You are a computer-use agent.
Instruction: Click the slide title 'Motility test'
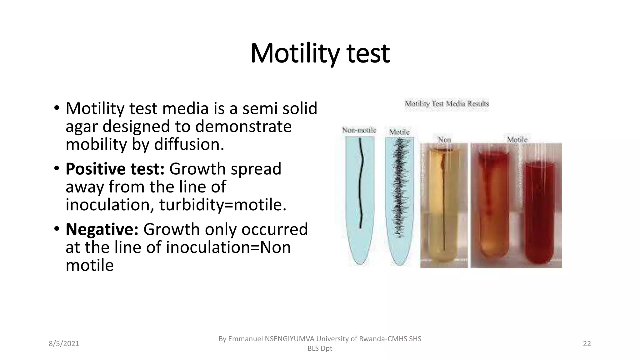(x=320, y=54)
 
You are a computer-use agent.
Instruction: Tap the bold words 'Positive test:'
(x=115, y=169)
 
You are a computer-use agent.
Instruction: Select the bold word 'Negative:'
(x=102, y=229)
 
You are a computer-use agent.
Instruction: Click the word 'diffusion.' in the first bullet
(x=189, y=145)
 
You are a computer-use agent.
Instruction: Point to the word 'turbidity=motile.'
(x=223, y=205)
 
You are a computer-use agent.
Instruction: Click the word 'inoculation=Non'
(x=228, y=247)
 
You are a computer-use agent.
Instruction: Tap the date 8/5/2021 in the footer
(x=64, y=344)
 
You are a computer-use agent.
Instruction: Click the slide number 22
(x=587, y=344)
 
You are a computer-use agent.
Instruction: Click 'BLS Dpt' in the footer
(x=320, y=348)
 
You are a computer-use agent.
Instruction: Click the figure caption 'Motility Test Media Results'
(x=447, y=104)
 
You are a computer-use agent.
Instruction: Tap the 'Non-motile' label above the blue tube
(x=359, y=130)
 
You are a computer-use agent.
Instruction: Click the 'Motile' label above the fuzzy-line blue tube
(x=399, y=132)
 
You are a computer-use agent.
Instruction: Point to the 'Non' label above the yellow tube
(x=444, y=139)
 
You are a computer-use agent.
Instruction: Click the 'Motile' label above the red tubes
(x=517, y=139)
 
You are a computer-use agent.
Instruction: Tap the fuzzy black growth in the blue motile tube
(x=399, y=187)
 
